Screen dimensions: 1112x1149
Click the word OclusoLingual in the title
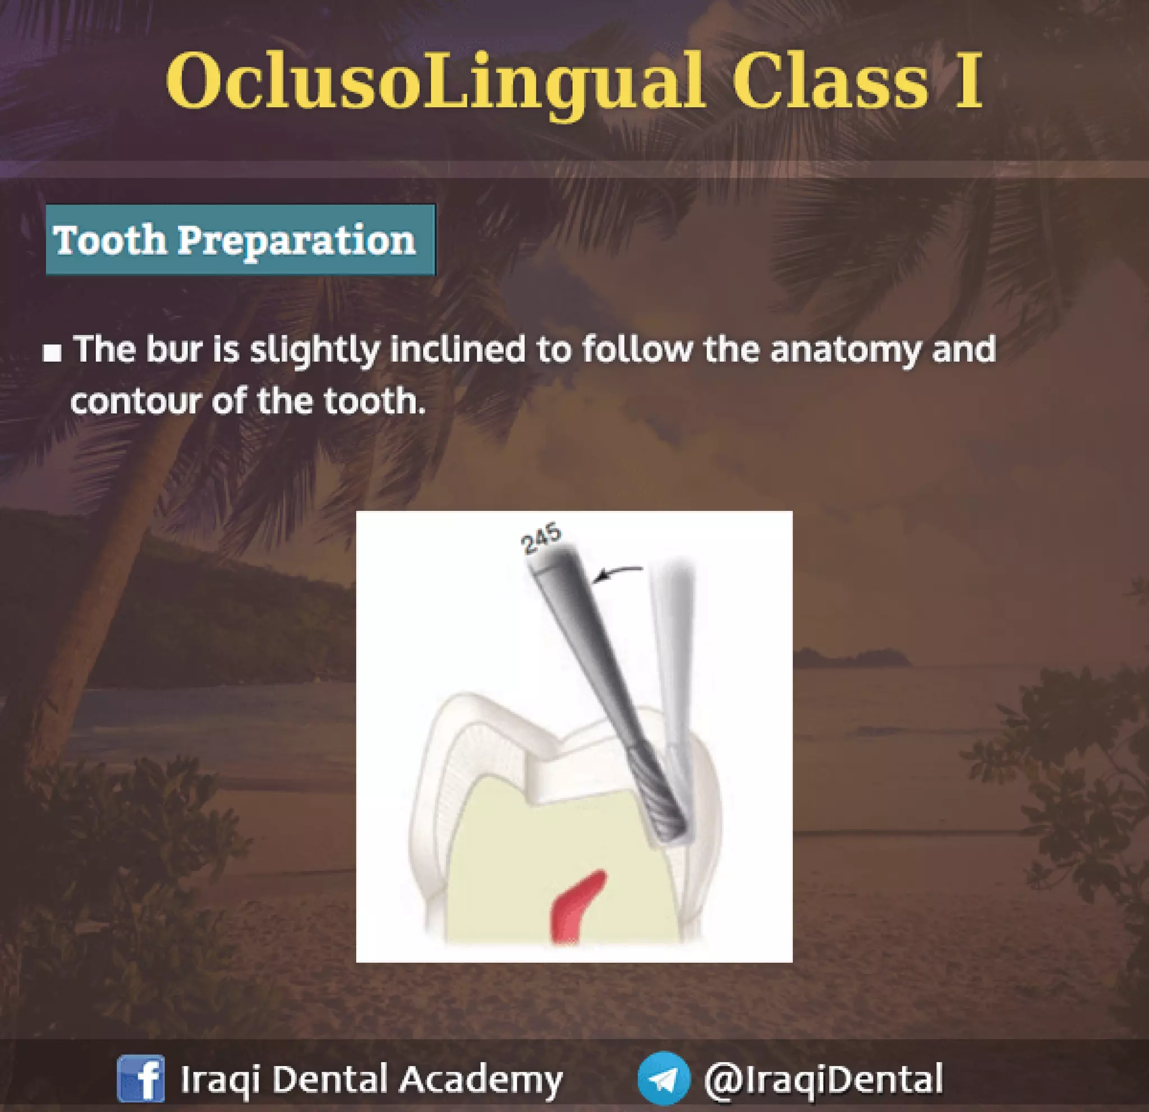434,82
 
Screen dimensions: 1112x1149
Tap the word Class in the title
830,82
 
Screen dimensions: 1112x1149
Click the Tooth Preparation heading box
240,239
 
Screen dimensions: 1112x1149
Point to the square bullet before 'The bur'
53,353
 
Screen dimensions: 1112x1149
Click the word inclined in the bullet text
457,350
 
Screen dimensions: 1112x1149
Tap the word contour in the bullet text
136,402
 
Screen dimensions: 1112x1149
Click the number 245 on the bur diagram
541,539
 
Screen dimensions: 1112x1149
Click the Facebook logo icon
141,1078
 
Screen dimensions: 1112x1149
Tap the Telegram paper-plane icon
663,1078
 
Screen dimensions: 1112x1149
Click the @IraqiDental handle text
823,1078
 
